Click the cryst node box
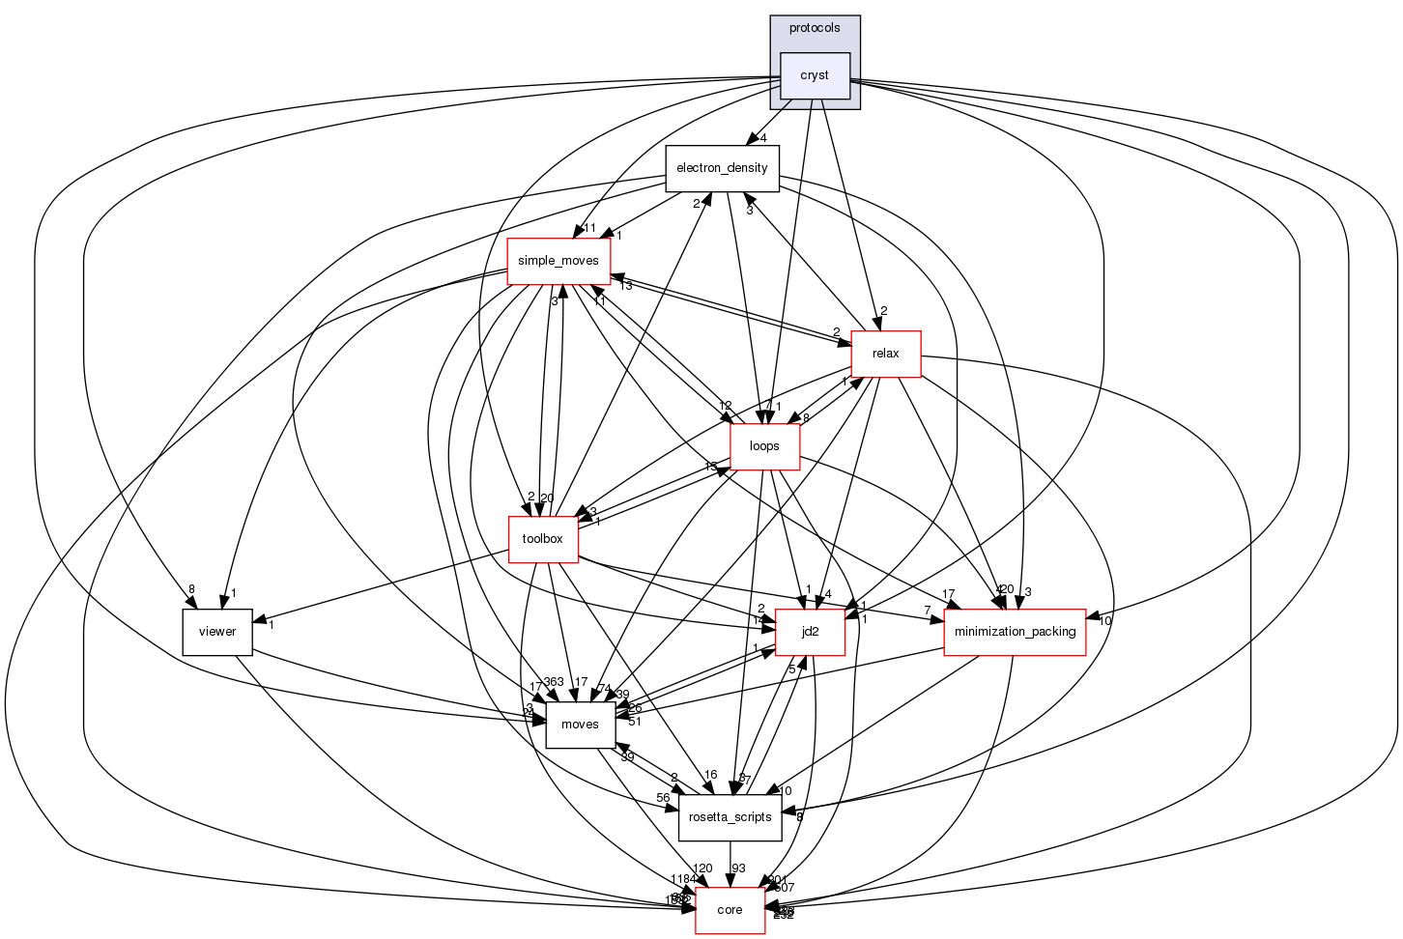tap(815, 75)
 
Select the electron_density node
tap(722, 168)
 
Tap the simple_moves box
tap(558, 261)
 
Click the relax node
tap(885, 354)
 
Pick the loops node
tap(764, 446)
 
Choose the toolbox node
tap(542, 539)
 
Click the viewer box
tap(217, 632)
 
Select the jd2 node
tap(810, 632)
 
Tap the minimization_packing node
tap(1015, 632)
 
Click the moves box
tap(581, 725)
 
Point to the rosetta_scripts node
tap(730, 817)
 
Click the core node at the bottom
tap(730, 910)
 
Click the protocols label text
tap(815, 28)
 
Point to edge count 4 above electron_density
tap(762, 138)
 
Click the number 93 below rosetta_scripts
tap(738, 868)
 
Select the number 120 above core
tap(702, 868)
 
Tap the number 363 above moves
tap(554, 683)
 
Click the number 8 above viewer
tap(191, 589)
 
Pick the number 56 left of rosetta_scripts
tap(663, 798)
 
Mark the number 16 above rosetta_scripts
tap(710, 775)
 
